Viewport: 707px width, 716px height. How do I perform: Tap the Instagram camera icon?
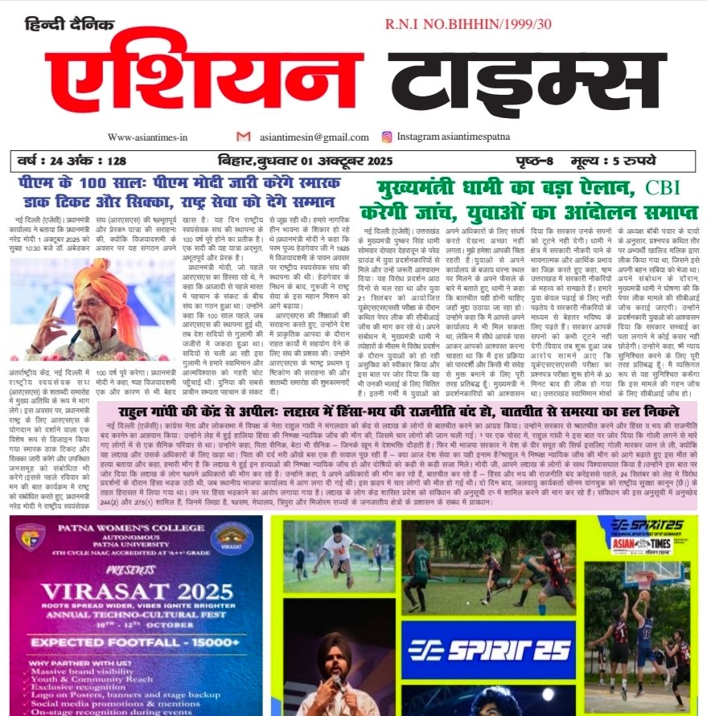(388, 137)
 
